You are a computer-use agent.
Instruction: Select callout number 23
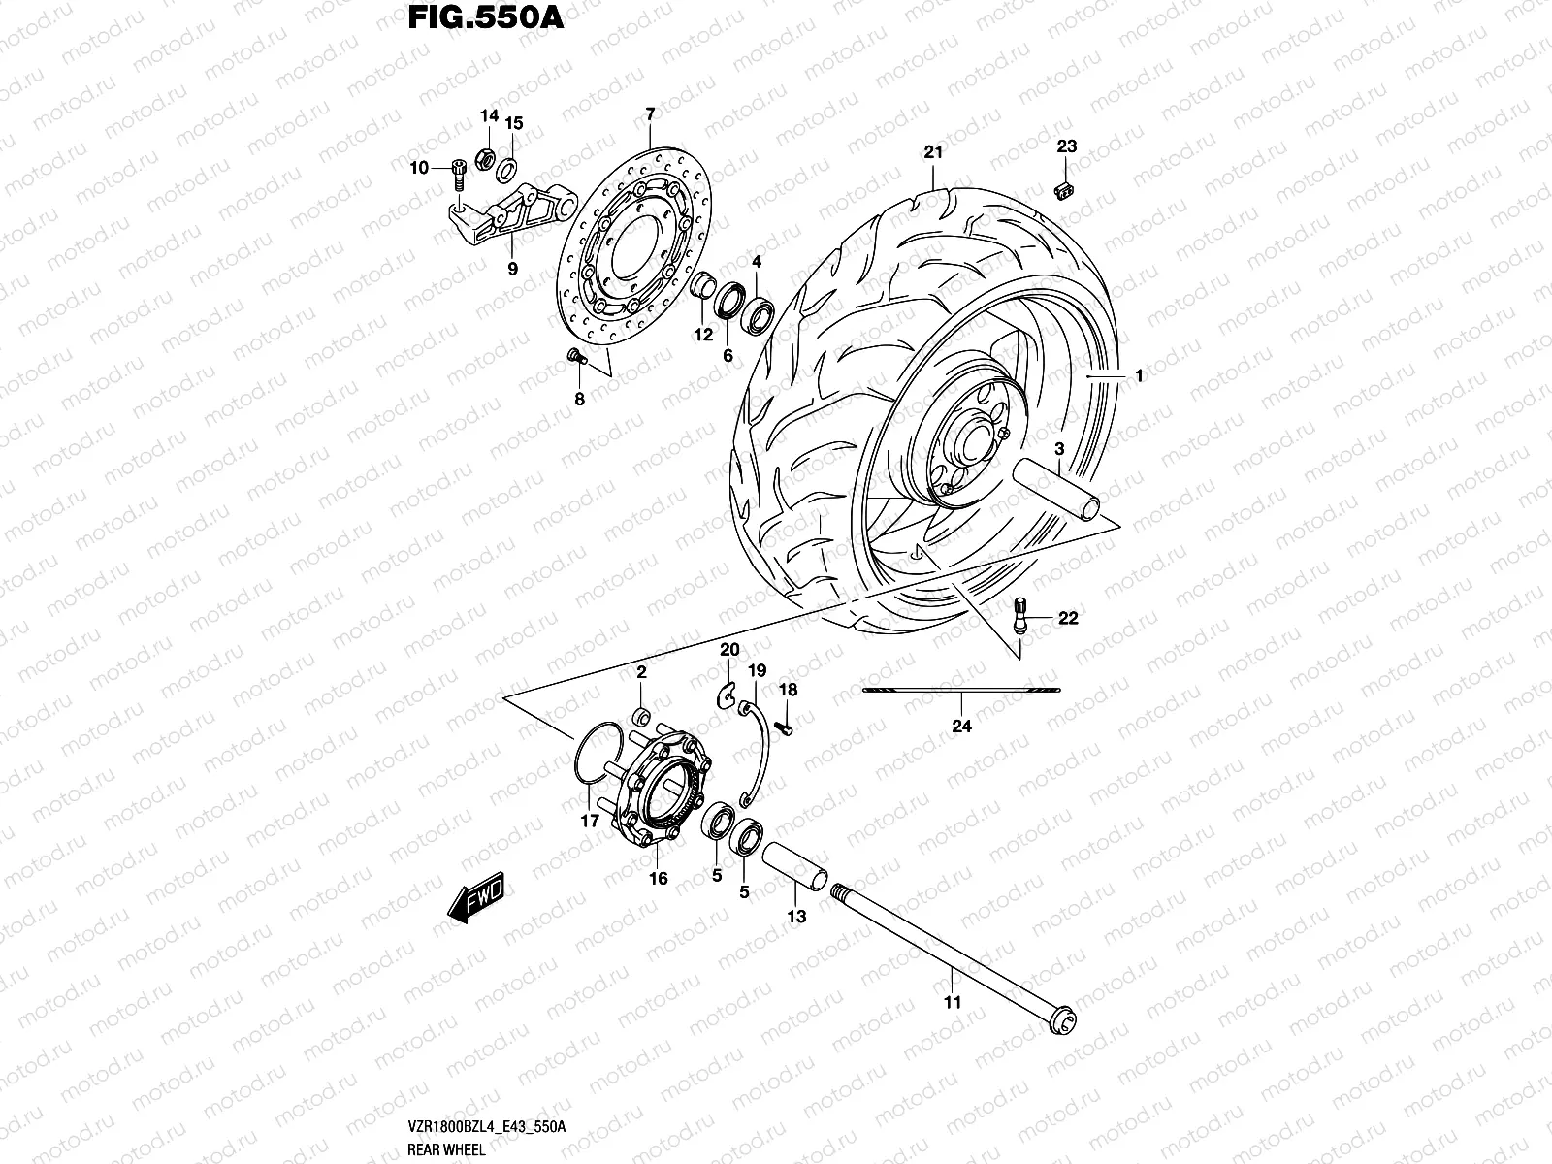(x=1066, y=147)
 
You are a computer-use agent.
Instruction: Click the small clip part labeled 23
(x=1064, y=188)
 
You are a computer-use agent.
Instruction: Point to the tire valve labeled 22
(x=1021, y=617)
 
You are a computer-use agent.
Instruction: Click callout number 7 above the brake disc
(x=650, y=115)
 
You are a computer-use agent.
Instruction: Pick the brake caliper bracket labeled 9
(x=509, y=217)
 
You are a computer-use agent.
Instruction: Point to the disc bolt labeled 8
(x=575, y=358)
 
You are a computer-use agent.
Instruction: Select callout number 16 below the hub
(x=658, y=879)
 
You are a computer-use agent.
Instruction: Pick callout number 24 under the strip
(x=961, y=726)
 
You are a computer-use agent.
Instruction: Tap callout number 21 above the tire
(x=933, y=152)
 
